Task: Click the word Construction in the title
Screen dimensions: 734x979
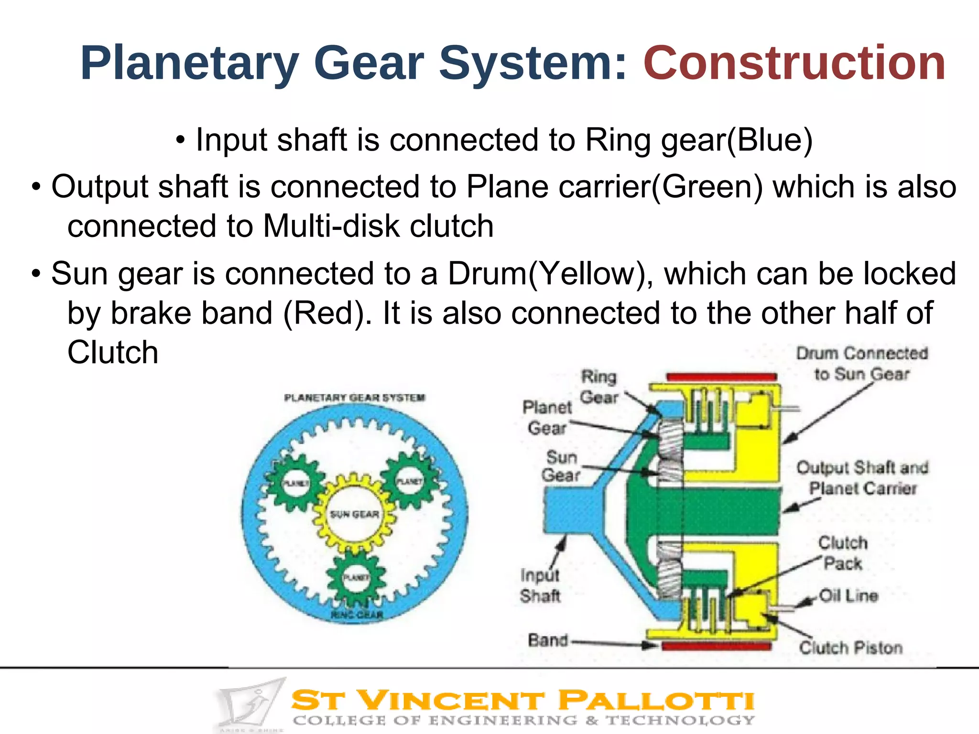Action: tap(794, 63)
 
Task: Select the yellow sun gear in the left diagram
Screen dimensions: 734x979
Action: tap(354, 514)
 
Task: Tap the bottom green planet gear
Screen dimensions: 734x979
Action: tap(356, 579)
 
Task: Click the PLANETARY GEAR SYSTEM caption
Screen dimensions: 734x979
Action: tap(354, 398)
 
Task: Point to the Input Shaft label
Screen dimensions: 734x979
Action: tap(540, 586)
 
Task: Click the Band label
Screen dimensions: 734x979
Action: tap(548, 640)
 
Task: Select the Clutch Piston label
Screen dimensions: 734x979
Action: tap(851, 648)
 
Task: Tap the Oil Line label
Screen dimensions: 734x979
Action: tap(848, 596)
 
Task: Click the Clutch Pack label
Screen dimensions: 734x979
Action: tap(843, 553)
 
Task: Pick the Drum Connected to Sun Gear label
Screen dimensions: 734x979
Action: tap(862, 364)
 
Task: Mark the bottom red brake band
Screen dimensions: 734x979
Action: tap(717, 646)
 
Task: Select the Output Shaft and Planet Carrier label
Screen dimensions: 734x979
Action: tap(862, 478)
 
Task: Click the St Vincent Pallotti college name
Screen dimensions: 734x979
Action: tap(522, 701)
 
